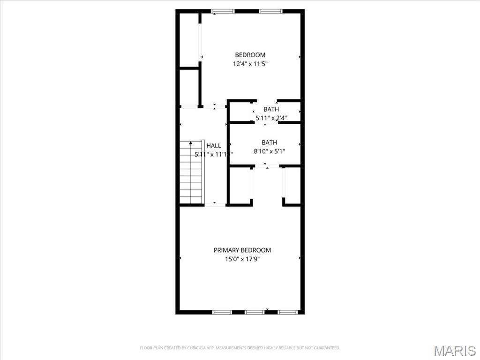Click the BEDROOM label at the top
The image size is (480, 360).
250,55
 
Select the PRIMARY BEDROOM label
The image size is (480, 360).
242,250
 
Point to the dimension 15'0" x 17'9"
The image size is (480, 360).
242,259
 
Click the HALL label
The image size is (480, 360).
214,146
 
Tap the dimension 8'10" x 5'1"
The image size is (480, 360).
269,151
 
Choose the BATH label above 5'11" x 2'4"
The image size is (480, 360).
271,109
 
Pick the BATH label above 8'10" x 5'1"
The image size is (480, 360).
269,142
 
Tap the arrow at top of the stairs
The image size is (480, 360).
191,142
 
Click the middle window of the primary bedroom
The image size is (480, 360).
254,312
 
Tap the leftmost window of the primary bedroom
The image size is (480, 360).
222,312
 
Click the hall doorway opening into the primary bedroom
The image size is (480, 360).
215,204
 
